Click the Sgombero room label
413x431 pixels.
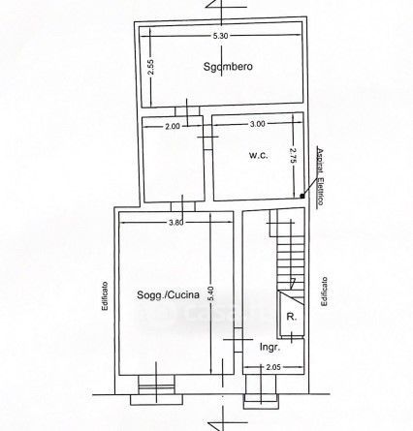(228, 67)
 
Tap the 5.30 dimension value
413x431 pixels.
(220, 36)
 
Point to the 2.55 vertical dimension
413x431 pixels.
(150, 67)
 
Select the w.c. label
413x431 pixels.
(259, 155)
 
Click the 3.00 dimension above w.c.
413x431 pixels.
(257, 124)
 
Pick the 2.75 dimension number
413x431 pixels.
(293, 156)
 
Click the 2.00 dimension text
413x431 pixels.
(173, 126)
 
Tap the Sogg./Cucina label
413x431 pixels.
(168, 294)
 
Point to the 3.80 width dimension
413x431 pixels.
(176, 222)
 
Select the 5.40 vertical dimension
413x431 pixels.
(211, 293)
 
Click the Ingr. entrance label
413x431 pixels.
(270, 348)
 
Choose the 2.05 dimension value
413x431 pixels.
(273, 367)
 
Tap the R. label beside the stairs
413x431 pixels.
(292, 317)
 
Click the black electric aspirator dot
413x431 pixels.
(302, 196)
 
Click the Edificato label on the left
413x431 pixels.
(105, 296)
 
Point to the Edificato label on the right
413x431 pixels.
(324, 292)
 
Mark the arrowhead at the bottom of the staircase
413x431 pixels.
(293, 283)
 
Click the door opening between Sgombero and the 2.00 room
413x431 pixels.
(187, 111)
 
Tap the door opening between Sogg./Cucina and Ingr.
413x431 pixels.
(238, 340)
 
